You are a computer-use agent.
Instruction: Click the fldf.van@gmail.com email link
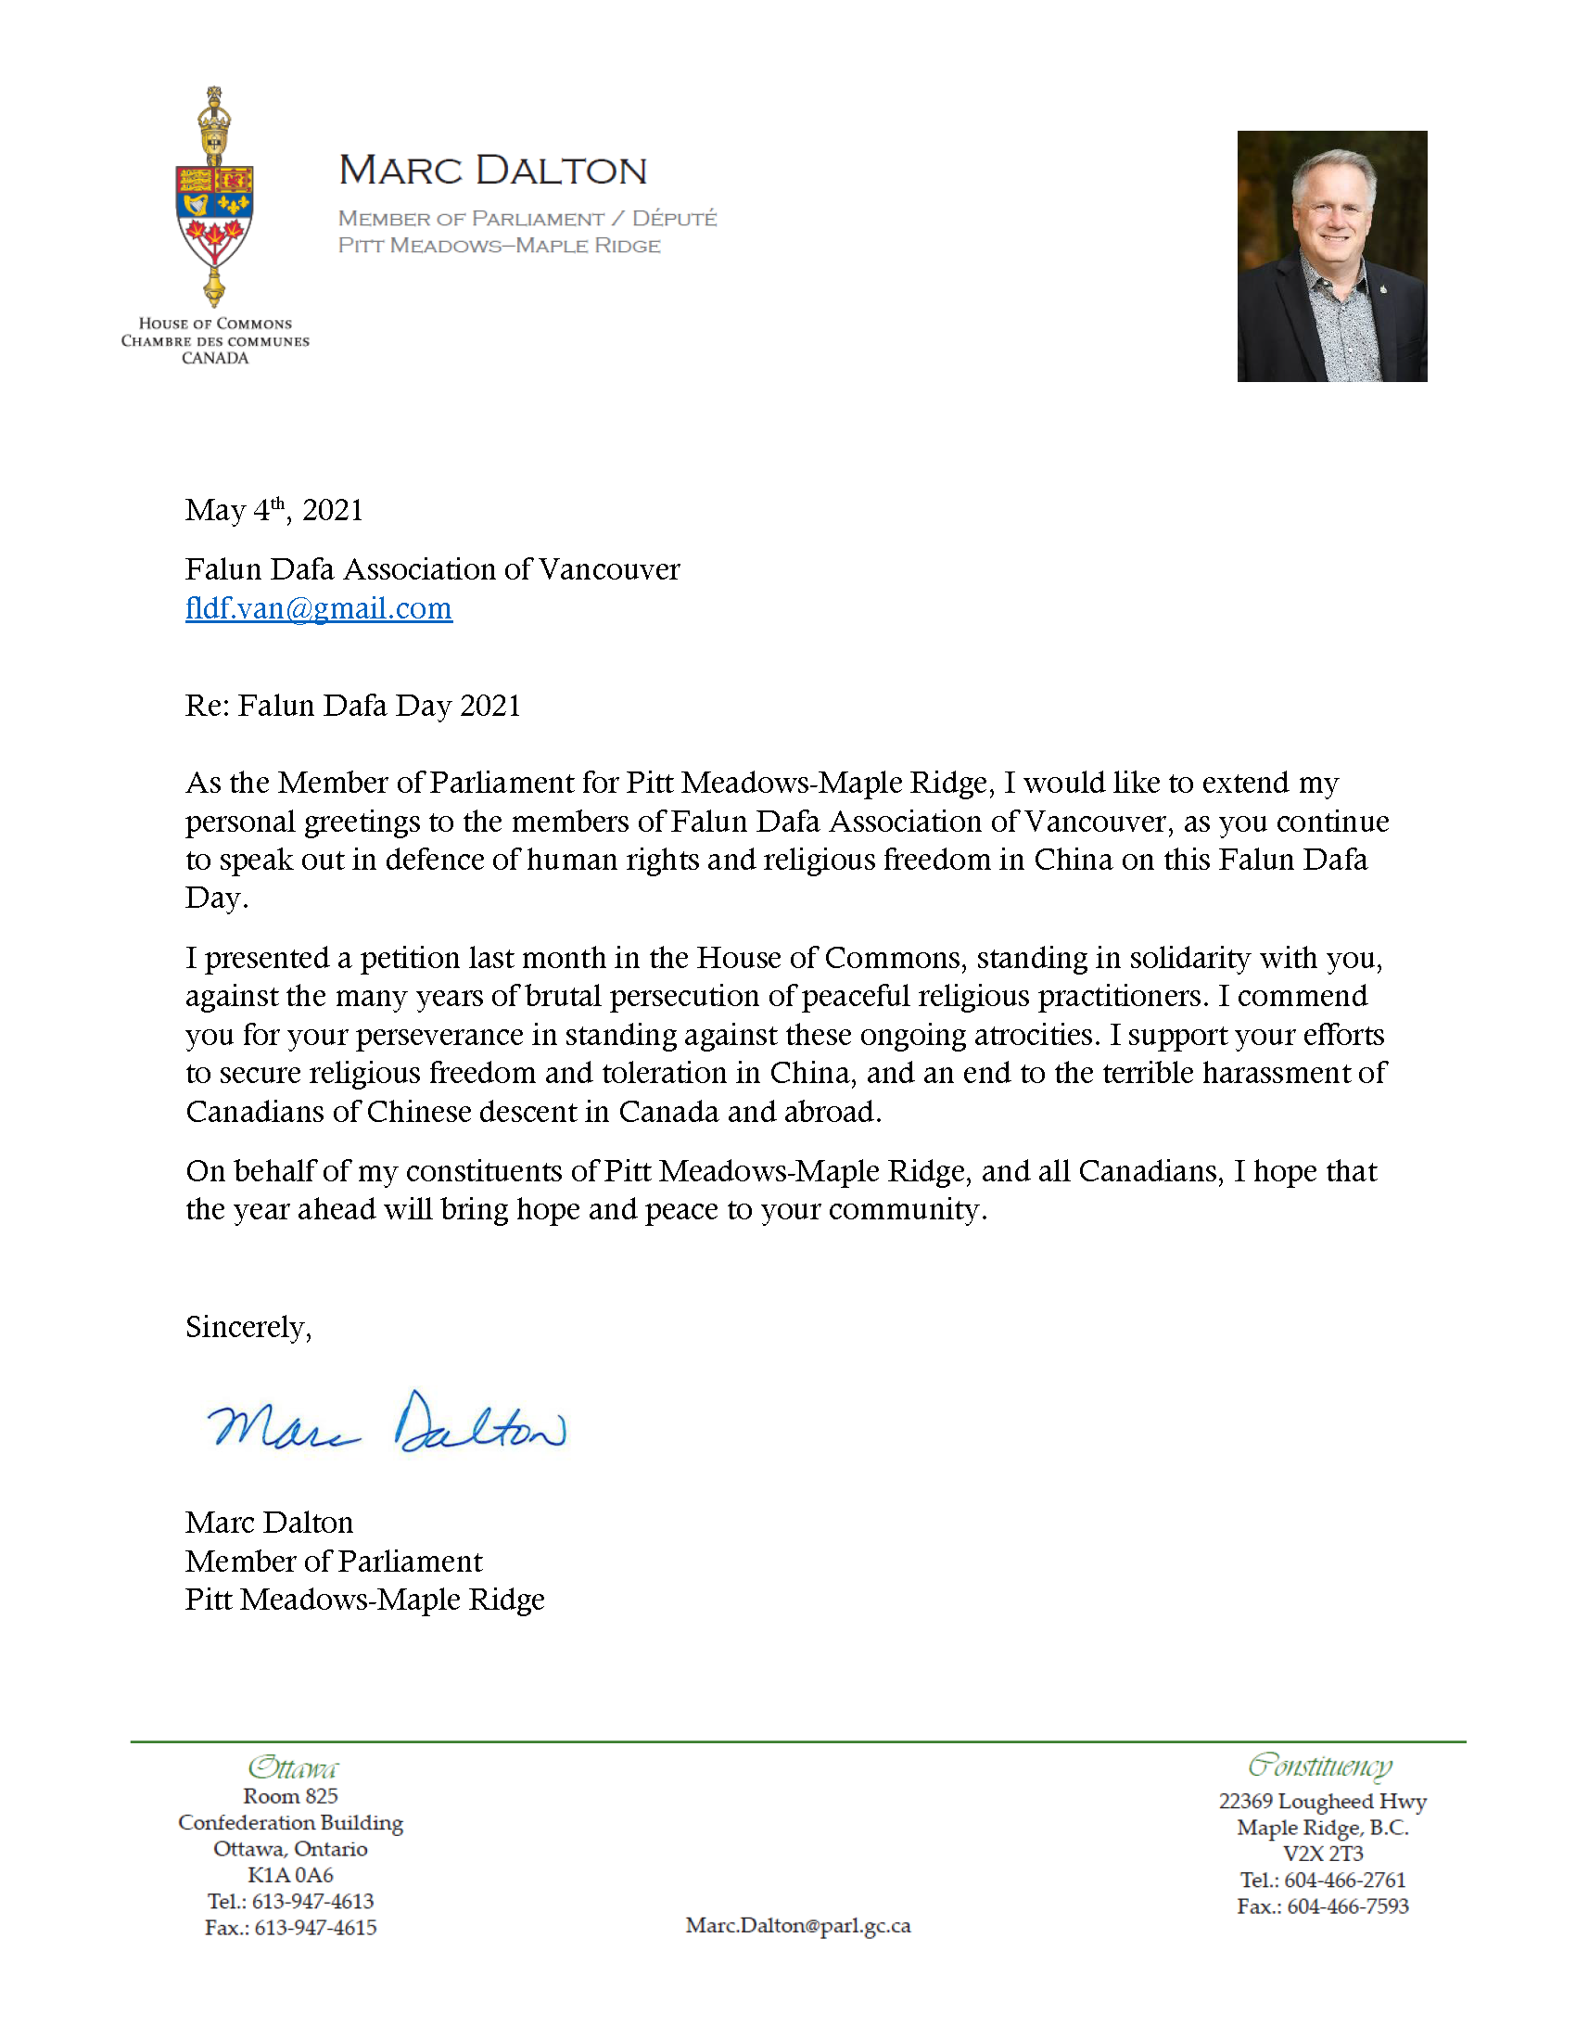[318, 609]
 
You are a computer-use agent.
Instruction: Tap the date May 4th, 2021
[273, 511]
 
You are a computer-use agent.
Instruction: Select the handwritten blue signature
[386, 1423]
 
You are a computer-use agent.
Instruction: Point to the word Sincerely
[248, 1327]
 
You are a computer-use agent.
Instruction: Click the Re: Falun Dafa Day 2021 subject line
[352, 707]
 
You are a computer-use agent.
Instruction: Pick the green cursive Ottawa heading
[292, 1768]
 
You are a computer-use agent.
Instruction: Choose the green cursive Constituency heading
[1320, 1766]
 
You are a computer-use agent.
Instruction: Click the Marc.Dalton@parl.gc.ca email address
[797, 1925]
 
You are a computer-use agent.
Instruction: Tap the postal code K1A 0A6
[290, 1875]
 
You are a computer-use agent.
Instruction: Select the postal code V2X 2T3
[1322, 1854]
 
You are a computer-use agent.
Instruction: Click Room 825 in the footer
[290, 1796]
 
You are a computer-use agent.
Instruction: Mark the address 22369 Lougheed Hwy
[1322, 1801]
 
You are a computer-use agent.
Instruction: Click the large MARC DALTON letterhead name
[492, 171]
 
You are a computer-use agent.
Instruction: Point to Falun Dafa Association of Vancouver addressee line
[432, 569]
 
